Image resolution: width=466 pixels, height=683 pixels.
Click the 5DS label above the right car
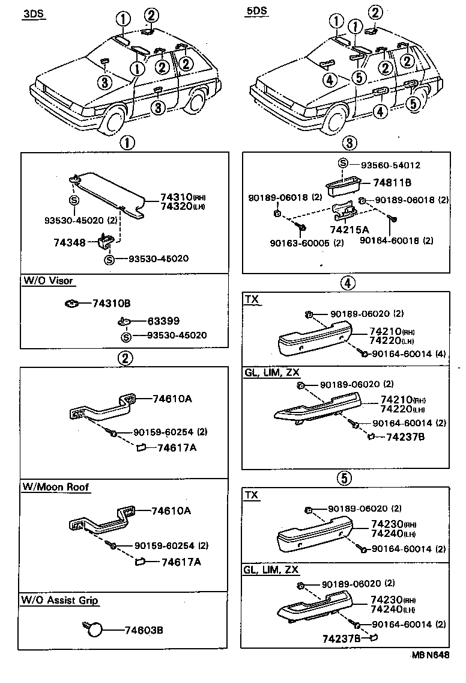tap(256, 11)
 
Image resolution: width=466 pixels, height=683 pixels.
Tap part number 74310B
tap(111, 304)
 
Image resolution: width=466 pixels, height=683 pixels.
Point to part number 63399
tap(163, 321)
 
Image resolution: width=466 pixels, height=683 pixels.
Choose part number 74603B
tap(144, 630)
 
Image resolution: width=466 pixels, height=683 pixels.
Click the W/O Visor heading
tap(48, 281)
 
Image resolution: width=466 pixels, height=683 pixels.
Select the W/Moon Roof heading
tap(56, 487)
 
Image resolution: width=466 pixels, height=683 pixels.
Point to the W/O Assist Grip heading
tap(59, 600)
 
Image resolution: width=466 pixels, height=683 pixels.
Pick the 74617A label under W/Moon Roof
tap(181, 562)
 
